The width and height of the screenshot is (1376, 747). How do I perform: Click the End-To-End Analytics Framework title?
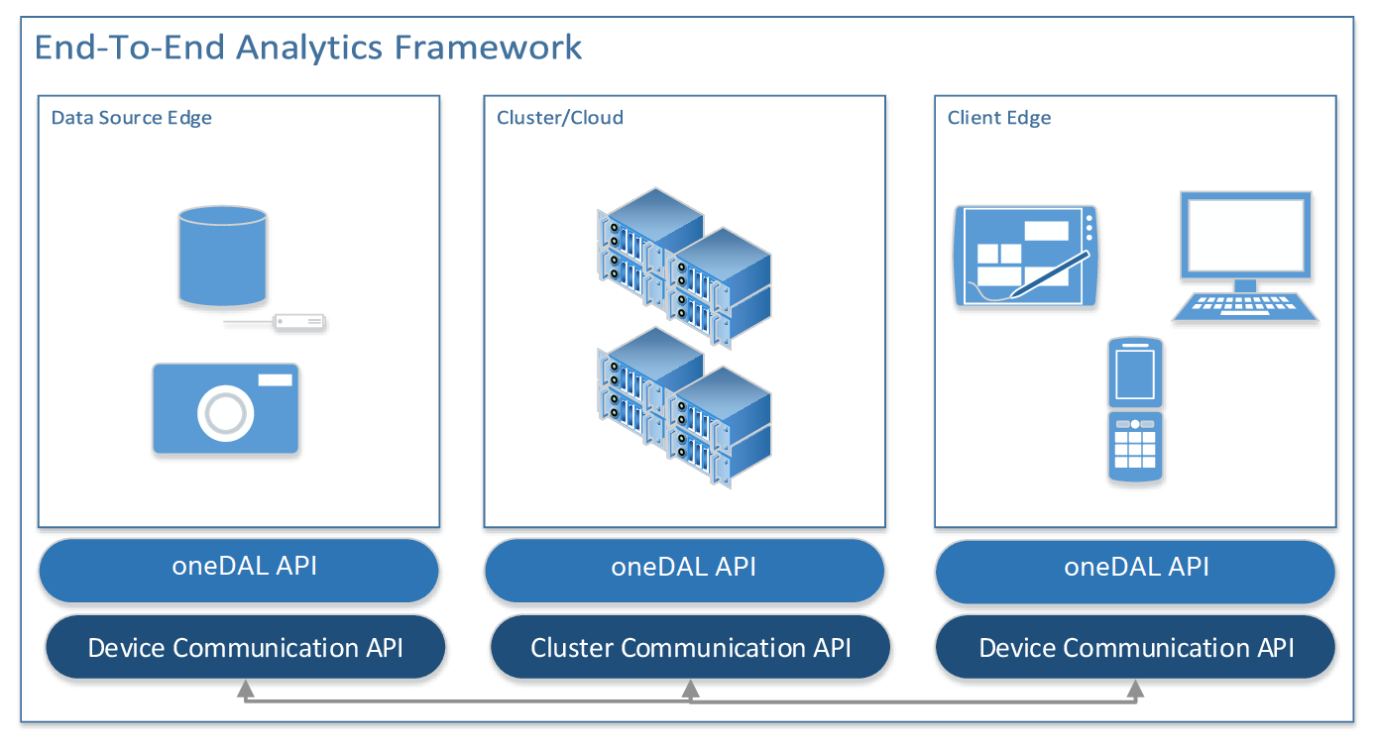click(308, 47)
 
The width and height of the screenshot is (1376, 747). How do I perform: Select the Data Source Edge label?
click(132, 118)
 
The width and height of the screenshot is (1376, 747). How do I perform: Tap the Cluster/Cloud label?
click(560, 118)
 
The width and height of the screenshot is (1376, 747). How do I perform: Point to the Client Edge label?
click(999, 118)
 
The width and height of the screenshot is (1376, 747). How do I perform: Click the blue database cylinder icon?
click(223, 258)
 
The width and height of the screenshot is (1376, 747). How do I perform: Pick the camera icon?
click(226, 409)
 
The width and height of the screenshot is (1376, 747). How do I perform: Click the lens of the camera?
click(226, 414)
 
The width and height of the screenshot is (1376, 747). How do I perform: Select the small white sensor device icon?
click(300, 322)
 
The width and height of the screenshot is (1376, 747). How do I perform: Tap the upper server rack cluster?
click(684, 267)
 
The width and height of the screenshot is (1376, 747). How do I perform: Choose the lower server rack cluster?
click(684, 407)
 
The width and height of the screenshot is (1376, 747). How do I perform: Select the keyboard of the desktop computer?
click(1245, 306)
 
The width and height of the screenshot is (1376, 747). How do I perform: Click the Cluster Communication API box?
click(691, 648)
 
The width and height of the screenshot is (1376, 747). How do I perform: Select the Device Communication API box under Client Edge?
click(1136, 648)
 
